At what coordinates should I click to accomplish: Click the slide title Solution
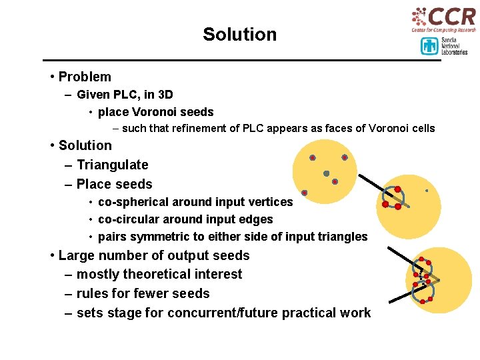point(239,35)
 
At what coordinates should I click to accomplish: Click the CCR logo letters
point(452,16)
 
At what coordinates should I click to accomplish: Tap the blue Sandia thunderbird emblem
point(429,46)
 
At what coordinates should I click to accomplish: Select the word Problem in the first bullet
point(85,77)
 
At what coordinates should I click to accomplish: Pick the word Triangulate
point(113,165)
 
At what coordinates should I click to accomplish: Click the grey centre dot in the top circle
point(326,173)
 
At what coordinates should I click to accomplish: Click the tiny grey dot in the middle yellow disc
point(427,191)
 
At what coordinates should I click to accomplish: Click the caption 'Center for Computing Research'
point(443,30)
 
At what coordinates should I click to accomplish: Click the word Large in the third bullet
point(77,255)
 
